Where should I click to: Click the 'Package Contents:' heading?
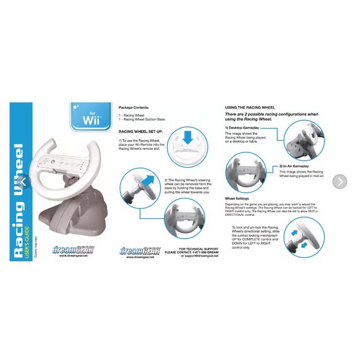[136, 107]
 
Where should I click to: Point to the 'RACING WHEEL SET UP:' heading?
[140, 132]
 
